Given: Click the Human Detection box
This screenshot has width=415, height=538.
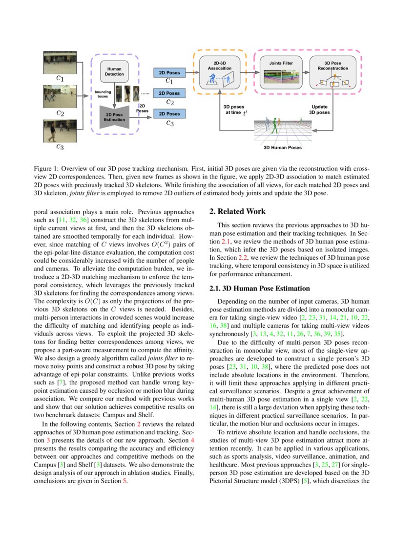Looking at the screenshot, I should coord(114,72).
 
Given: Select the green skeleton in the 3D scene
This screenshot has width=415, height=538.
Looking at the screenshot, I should coord(275,124).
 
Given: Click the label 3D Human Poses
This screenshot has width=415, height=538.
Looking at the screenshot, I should coord(283,147).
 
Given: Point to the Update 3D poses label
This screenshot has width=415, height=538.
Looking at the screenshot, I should coord(320,109).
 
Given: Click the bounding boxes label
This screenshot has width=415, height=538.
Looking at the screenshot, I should coord(103,94).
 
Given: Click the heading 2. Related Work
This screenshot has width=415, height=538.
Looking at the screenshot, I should coord(237,212).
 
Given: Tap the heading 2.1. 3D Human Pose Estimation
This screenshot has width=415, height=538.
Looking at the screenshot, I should coord(259,289).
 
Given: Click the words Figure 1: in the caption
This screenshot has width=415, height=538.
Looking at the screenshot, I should coord(46,167).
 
